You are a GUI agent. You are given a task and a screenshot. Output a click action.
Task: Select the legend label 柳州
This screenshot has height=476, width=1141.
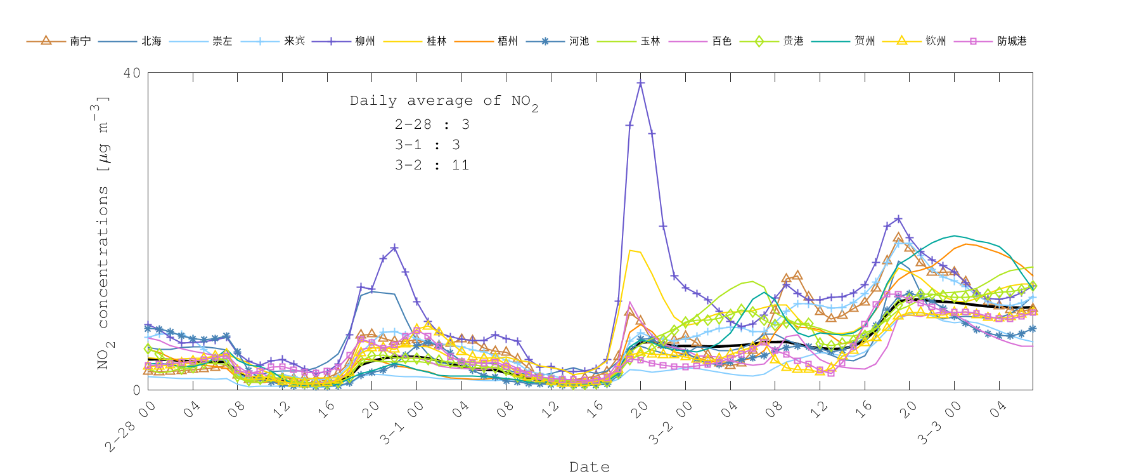(x=365, y=41)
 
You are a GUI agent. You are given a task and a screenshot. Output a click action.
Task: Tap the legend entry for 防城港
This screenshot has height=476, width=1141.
(x=1012, y=41)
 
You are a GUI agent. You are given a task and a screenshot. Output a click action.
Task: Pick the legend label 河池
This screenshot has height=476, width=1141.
(x=579, y=41)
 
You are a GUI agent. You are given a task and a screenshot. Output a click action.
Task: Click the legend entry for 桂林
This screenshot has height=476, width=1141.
(x=437, y=41)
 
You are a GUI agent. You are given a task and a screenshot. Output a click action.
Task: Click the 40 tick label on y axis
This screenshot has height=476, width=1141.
(x=132, y=73)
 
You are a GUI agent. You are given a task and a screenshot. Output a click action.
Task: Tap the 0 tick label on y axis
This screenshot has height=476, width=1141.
(x=136, y=390)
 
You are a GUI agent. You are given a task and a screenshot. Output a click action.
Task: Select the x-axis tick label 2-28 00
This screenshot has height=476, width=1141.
(x=131, y=426)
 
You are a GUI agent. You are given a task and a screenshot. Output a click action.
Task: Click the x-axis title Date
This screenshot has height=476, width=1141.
(x=590, y=467)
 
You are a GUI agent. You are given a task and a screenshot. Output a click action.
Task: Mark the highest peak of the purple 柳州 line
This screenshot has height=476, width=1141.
(x=641, y=83)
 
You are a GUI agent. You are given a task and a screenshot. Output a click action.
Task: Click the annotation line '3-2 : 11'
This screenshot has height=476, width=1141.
(x=432, y=165)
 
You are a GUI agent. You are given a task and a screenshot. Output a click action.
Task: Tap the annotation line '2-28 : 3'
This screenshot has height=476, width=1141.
(x=432, y=124)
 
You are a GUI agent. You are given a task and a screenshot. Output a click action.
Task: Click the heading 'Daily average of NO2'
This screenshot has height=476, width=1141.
(x=444, y=101)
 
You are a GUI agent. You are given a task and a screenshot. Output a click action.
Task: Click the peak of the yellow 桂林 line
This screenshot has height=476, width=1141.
(x=629, y=251)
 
